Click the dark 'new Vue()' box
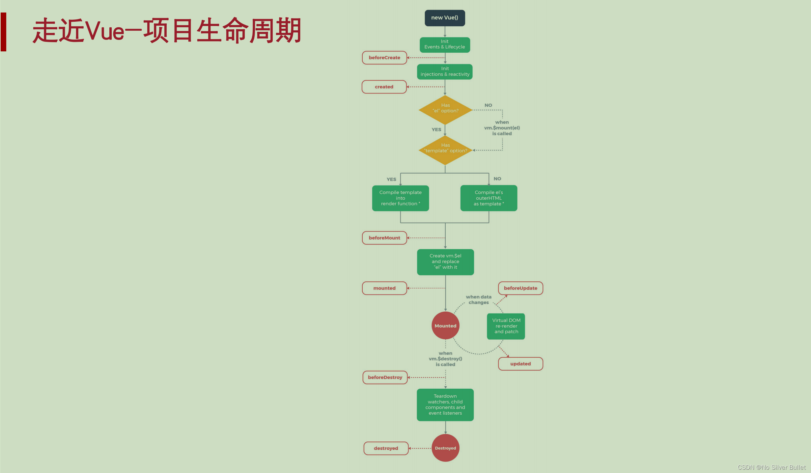(445, 18)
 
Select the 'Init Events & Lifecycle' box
(445, 44)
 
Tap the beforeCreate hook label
(384, 58)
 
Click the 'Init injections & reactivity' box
(445, 71)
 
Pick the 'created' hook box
(384, 87)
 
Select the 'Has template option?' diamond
(445, 150)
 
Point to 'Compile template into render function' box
(400, 198)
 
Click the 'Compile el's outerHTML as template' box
(489, 198)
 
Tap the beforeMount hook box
(384, 238)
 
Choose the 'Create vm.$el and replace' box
(445, 262)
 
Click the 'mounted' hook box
(384, 288)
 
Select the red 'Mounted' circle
(445, 326)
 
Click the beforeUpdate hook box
(520, 288)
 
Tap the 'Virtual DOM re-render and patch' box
(506, 326)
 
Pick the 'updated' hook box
(520, 364)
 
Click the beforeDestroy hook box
(385, 377)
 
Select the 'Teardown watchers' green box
(445, 404)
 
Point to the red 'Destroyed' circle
(445, 448)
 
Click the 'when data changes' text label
(479, 300)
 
